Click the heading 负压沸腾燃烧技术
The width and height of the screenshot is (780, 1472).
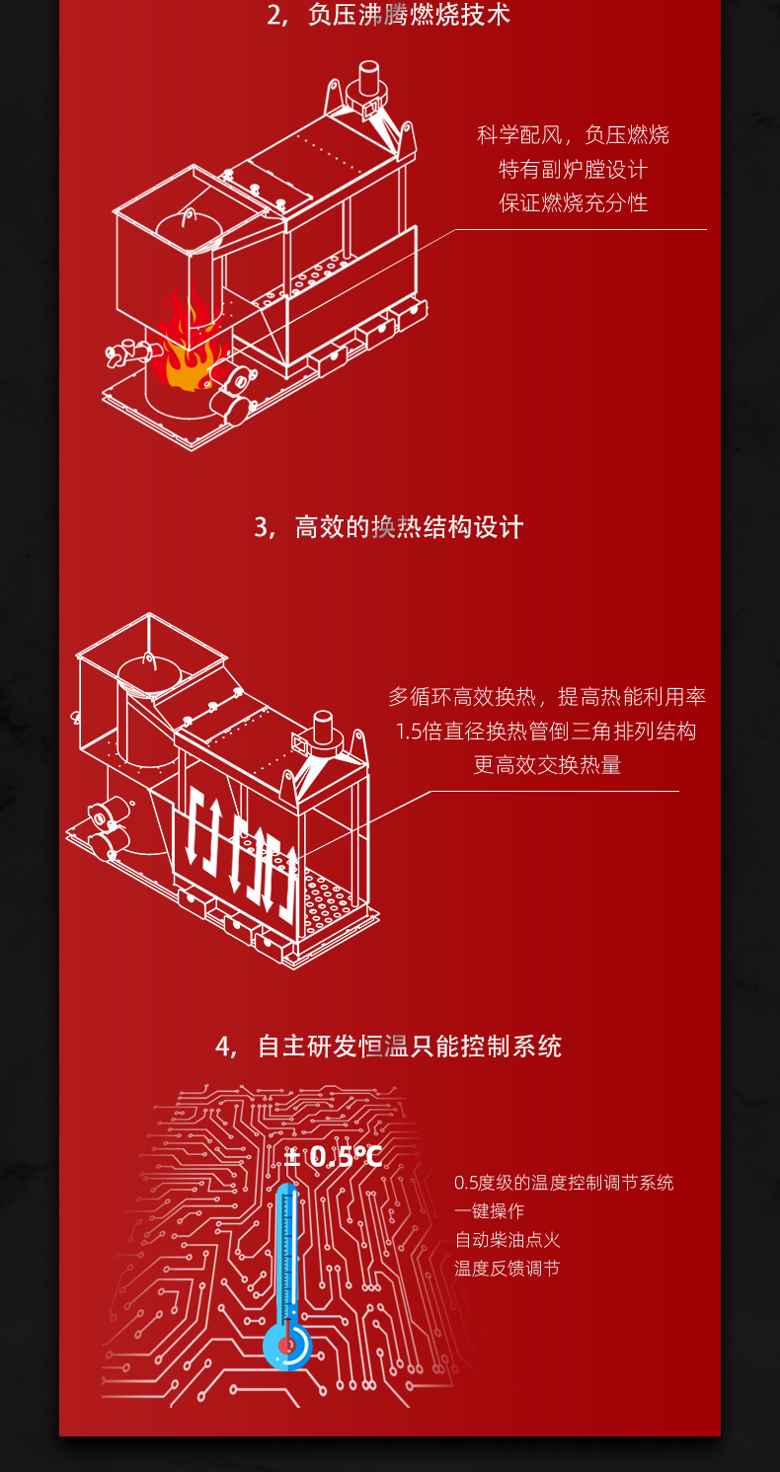pos(409,15)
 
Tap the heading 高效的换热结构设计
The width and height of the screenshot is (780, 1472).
pos(409,527)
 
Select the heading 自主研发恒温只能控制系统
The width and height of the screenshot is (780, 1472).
pos(410,1046)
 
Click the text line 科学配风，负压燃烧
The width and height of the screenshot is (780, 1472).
pos(573,134)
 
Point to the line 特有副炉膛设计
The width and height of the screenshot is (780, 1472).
pos(573,169)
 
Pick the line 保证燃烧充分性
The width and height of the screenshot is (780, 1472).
pos(573,202)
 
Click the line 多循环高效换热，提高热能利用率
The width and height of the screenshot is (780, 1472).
pos(547,697)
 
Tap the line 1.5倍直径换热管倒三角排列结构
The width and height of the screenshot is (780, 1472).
pos(546,731)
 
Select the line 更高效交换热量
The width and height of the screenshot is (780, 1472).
pos(547,764)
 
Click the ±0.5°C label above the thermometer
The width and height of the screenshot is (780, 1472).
pos(333,1157)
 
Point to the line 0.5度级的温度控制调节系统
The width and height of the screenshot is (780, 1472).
pos(564,1183)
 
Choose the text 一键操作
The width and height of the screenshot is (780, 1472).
pos(490,1211)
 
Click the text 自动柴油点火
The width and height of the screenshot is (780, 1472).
pos(507,1240)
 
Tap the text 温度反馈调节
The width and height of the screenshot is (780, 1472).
pos(507,1269)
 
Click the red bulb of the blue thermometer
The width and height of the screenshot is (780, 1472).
pos(286,1346)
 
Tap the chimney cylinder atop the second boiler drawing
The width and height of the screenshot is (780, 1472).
pos(323,727)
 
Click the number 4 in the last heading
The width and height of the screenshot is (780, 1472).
pos(223,1046)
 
